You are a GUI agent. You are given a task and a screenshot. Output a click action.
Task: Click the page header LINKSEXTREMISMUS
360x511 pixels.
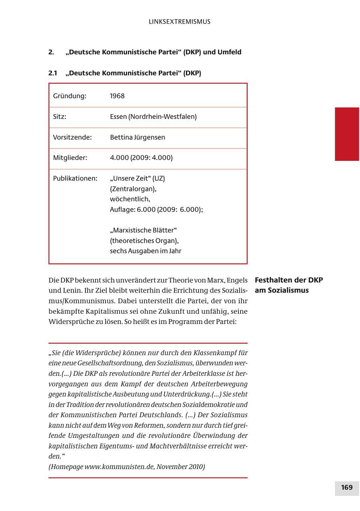click(x=179, y=22)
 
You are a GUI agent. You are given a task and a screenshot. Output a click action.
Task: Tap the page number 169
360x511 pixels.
click(x=347, y=487)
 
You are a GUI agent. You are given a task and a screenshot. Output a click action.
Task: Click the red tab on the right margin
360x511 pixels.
click(x=347, y=134)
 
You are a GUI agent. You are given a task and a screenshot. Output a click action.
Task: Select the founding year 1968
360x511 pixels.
click(x=117, y=96)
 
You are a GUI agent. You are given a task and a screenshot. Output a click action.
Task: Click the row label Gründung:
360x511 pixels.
click(x=70, y=96)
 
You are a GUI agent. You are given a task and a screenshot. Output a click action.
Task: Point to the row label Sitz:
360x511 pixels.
click(x=60, y=117)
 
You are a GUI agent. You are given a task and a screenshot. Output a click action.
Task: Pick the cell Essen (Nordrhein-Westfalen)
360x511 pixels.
click(x=153, y=117)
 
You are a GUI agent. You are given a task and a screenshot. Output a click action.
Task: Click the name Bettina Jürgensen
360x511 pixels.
click(x=137, y=137)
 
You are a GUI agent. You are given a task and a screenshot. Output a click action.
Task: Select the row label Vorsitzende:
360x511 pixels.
click(x=72, y=137)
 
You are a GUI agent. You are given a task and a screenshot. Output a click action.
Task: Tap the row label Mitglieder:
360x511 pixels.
click(x=70, y=158)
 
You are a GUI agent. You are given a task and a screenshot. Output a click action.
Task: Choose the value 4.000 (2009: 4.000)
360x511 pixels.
click(x=141, y=158)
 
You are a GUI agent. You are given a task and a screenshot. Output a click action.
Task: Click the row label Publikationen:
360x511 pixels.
click(x=75, y=178)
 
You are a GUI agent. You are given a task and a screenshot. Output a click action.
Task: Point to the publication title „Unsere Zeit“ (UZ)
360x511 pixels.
click(x=137, y=178)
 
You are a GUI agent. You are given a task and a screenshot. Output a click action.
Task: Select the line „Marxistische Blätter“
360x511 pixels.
click(x=143, y=230)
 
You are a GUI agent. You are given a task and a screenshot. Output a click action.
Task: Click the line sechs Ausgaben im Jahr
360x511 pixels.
click(x=146, y=251)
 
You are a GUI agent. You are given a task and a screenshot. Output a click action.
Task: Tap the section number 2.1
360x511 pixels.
click(x=53, y=73)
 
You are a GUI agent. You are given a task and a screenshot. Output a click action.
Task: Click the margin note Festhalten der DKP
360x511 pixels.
click(x=289, y=280)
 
